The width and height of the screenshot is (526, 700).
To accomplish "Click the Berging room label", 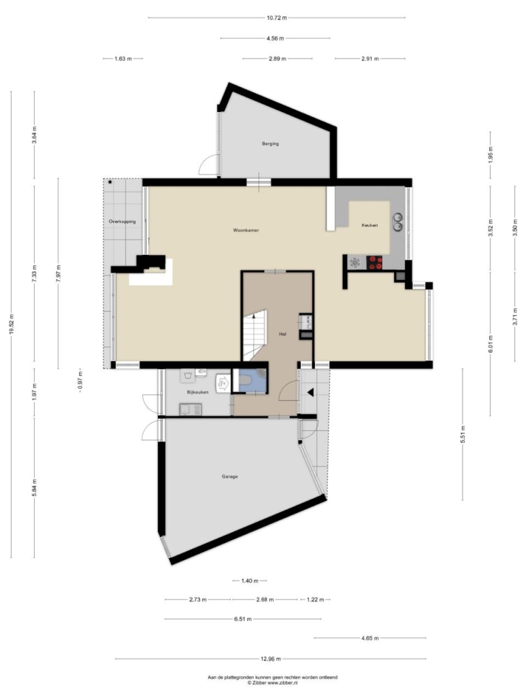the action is (x=270, y=144).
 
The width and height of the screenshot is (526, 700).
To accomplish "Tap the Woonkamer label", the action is (x=246, y=230).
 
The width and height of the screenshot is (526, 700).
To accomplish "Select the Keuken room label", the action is (x=369, y=225).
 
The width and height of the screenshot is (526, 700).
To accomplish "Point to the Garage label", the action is (x=230, y=476).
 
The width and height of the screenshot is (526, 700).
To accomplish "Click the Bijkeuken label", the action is (x=197, y=392).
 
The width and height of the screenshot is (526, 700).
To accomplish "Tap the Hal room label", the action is (x=282, y=334).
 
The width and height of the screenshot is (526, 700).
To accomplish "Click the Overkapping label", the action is (x=122, y=222).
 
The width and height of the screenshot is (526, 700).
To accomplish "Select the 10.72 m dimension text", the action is (x=277, y=18).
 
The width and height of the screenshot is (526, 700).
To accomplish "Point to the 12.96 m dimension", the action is (x=270, y=659).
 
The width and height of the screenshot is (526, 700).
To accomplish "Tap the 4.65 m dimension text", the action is (x=370, y=638).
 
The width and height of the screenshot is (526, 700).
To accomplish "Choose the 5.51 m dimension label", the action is (x=463, y=434).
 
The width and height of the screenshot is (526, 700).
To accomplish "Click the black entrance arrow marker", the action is (x=310, y=392).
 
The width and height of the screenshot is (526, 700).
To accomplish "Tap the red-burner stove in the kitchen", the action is (x=374, y=262).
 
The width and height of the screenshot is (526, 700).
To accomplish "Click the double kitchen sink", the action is (x=397, y=222).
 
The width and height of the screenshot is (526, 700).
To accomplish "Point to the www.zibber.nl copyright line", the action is (x=273, y=682).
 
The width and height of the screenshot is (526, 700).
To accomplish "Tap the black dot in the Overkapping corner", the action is (x=110, y=182).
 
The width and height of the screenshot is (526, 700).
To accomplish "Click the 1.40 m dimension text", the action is (x=249, y=581).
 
